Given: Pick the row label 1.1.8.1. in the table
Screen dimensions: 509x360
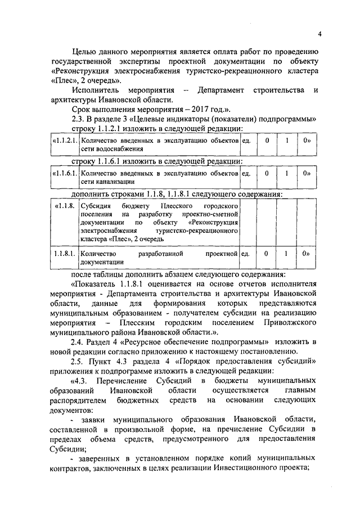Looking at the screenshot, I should pyautogui.click(x=65, y=254).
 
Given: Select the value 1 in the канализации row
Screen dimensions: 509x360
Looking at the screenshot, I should pyautogui.click(x=286, y=173).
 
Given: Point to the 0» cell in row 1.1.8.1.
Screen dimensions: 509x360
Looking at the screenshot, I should pyautogui.click(x=307, y=254).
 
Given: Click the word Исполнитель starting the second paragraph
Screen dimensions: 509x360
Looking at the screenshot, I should pyautogui.click(x=94, y=90).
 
